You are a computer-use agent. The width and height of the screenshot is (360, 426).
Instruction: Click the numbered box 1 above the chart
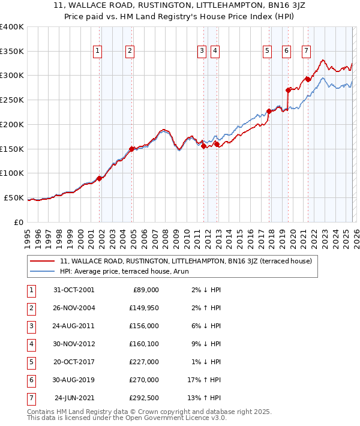pos(97,52)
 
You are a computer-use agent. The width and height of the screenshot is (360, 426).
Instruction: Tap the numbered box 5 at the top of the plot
pos(266,52)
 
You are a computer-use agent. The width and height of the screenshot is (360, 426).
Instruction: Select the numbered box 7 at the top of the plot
pos(306,52)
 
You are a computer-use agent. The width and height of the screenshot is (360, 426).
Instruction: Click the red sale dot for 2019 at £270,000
pos(289,90)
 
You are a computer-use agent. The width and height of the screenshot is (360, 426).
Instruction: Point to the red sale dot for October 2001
pos(100,178)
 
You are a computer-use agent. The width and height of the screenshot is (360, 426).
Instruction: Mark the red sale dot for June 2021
pos(308,79)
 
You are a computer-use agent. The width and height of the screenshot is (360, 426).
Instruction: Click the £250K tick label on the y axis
pos(11,100)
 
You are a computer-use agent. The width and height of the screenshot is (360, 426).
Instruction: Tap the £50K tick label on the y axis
pos(13,198)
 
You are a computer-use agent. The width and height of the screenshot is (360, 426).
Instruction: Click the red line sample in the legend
pos(42,262)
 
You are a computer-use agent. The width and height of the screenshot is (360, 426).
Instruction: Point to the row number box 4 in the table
pos(31,344)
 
